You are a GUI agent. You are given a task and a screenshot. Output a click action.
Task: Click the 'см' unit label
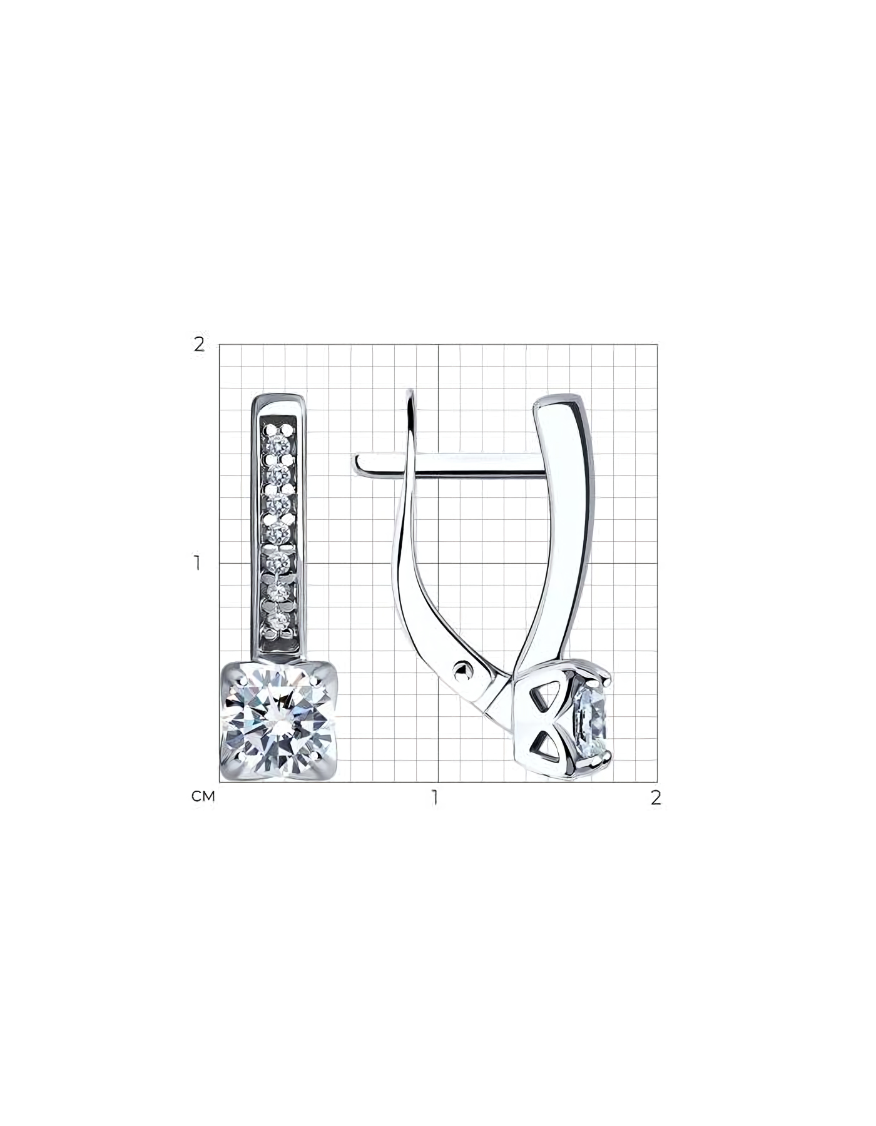pos(203,796)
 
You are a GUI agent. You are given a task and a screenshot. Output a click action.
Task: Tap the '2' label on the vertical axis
pos(199,344)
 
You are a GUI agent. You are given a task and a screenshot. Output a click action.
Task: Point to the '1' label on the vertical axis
pos(198,563)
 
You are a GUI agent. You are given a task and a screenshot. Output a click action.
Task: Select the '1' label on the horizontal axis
pos(434,798)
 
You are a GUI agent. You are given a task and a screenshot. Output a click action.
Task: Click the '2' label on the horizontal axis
pos(656,798)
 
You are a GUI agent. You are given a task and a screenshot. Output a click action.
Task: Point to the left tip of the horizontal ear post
pos(356,464)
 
